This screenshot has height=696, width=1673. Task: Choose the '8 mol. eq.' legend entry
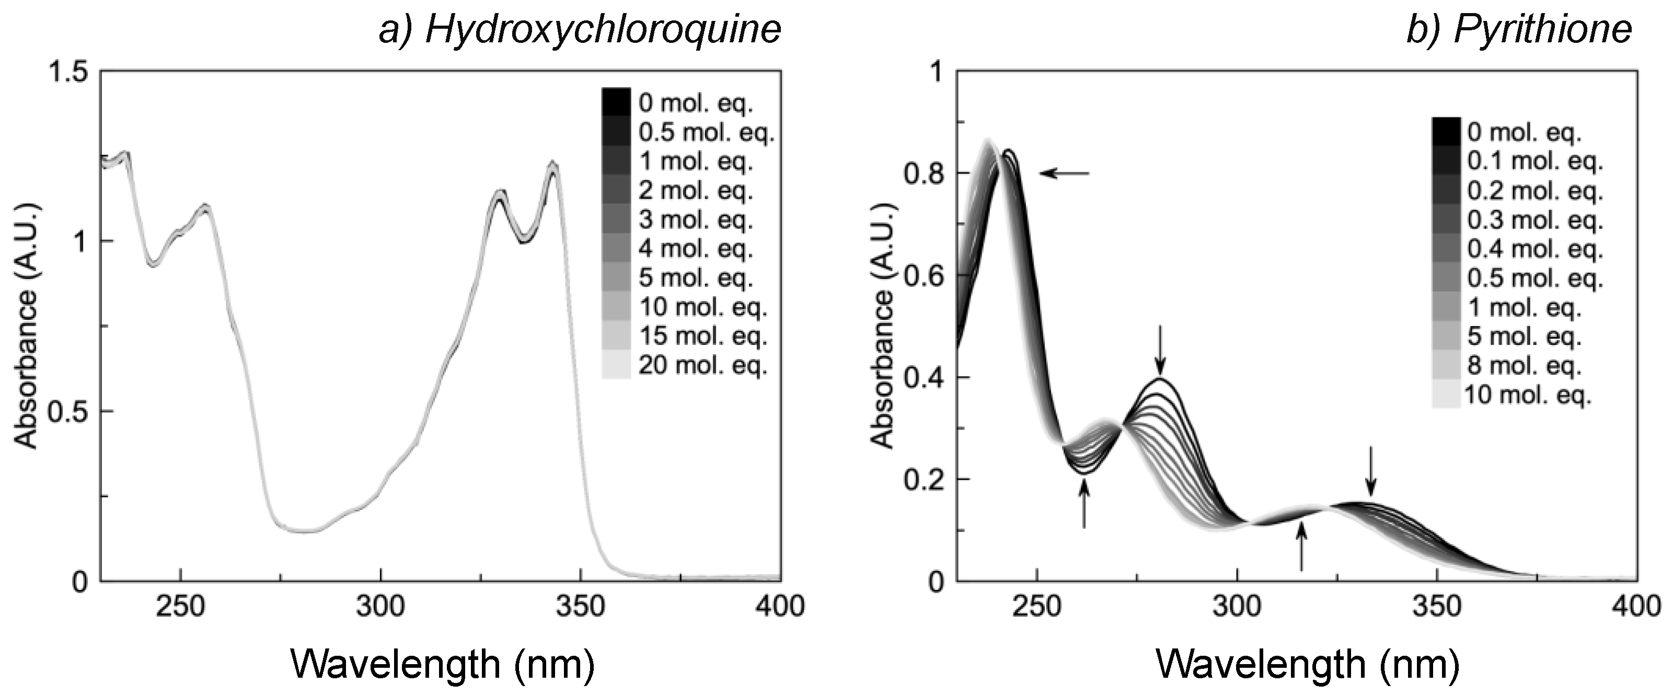(1524, 366)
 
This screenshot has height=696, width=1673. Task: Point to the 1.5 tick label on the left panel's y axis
(67, 72)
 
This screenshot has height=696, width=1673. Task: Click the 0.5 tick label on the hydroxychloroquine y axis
(67, 412)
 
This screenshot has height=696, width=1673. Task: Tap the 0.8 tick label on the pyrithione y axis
(921, 174)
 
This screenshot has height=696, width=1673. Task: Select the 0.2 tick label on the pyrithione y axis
(921, 480)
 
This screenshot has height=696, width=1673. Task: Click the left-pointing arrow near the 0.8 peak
(1064, 173)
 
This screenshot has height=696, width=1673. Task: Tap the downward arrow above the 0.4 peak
(1161, 350)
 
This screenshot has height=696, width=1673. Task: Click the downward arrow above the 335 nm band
(1370, 471)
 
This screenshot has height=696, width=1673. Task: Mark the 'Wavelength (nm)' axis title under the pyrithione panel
(1308, 664)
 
